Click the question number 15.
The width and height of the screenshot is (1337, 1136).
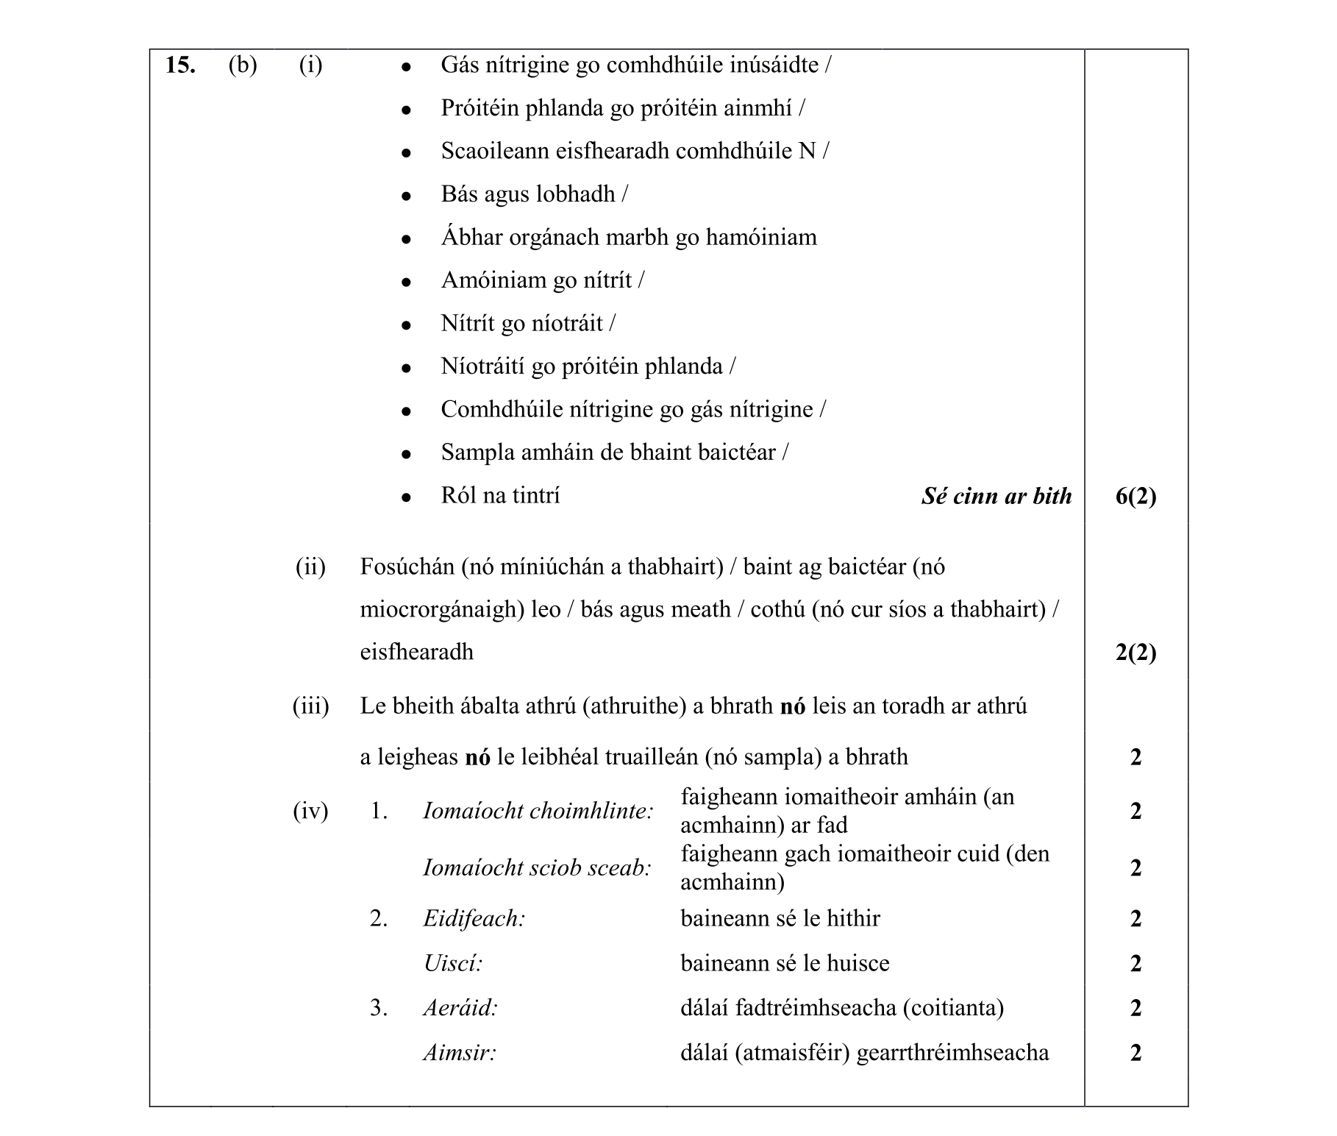180,65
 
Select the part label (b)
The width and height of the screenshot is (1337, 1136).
243,65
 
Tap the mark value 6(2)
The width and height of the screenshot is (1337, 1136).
1135,497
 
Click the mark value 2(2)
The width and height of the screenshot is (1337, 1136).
1135,653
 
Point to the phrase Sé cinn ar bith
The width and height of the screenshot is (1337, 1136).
996,497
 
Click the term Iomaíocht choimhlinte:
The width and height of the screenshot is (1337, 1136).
538,812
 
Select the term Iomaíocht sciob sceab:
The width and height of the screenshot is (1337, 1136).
537,868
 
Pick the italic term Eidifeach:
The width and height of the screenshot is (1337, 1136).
474,919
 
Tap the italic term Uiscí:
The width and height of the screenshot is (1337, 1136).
453,964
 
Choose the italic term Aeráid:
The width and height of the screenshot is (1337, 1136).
460,1008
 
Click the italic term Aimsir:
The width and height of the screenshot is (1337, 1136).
460,1053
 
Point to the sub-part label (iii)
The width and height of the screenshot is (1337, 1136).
310,706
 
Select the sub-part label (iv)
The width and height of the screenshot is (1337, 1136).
310,812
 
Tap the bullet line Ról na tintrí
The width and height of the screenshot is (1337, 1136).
500,495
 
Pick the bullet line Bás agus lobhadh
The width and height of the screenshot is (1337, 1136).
533,194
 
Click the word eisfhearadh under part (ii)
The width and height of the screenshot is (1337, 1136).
416,653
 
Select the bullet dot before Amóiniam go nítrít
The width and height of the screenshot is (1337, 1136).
405,282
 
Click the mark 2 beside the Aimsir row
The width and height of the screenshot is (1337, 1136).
1135,1053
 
